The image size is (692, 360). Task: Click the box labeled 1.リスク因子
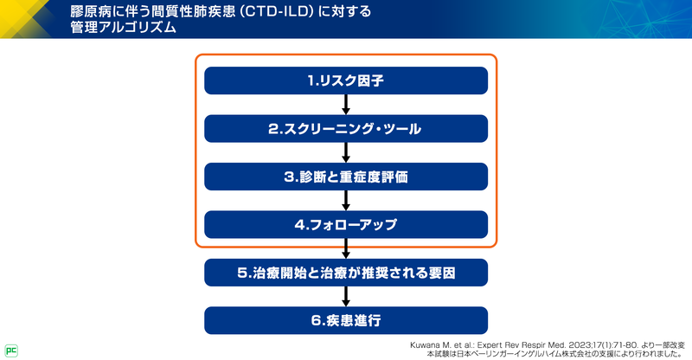coord(346,80)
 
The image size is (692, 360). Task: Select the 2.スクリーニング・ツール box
coord(346,128)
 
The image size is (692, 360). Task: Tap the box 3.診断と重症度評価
coord(346,177)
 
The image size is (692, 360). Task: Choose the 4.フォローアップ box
coord(346,224)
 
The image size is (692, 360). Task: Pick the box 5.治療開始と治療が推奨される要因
coord(346,273)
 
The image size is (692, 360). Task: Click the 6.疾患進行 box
coord(346,320)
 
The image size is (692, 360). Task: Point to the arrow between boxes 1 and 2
coord(346,105)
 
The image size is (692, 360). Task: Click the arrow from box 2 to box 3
coord(346,152)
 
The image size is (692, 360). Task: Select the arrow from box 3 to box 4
coord(346,201)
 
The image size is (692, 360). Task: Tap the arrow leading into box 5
coord(346,249)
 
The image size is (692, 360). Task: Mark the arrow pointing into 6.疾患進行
coord(346,297)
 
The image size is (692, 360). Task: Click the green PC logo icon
coord(11,350)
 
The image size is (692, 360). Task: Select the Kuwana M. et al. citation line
coord(536,344)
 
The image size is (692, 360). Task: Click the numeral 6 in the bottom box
coord(317,320)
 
